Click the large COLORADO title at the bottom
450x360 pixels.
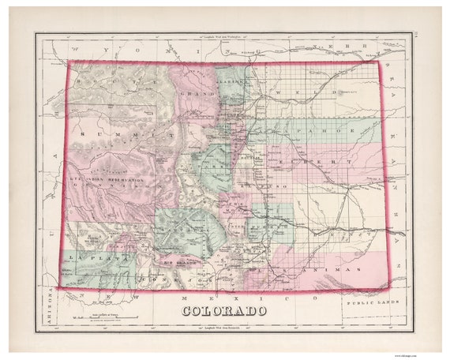tap(224, 310)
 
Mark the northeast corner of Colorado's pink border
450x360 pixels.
tap(379, 63)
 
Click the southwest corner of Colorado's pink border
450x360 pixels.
tap(60, 289)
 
